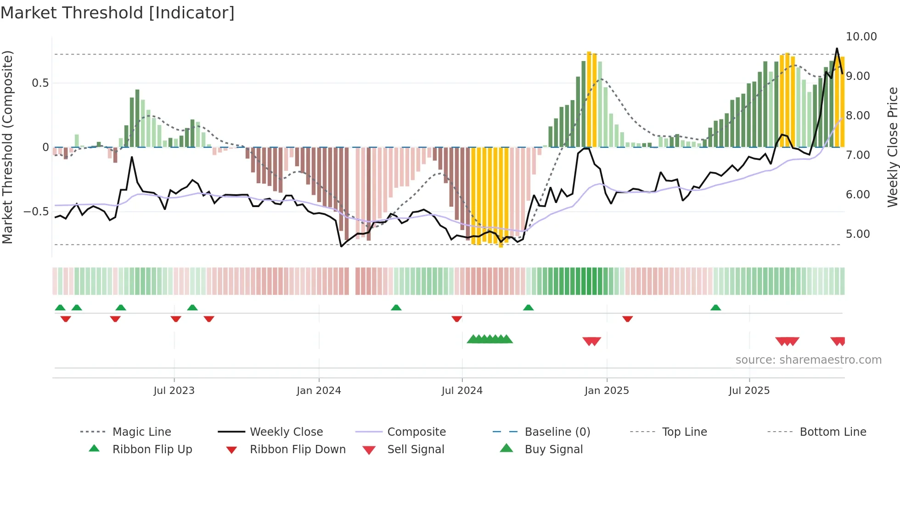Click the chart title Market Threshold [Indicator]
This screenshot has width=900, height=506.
point(118,13)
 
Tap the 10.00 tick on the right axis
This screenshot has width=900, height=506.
point(861,37)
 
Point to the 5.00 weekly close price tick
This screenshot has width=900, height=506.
point(858,234)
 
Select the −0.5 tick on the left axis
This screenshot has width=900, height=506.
point(36,212)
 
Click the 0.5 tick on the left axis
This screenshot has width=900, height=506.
point(40,83)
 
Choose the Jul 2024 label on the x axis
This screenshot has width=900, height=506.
point(462,391)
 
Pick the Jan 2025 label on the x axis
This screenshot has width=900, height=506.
point(607,391)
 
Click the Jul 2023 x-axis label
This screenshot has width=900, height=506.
point(174,391)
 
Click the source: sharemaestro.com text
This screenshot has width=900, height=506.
point(808,360)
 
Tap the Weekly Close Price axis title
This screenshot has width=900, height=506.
point(892,147)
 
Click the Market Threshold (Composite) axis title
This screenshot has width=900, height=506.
point(7,147)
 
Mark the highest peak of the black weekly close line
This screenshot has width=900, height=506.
point(837,49)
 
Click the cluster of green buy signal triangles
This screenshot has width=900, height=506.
point(489,339)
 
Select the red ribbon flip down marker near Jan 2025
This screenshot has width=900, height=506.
point(627,319)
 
